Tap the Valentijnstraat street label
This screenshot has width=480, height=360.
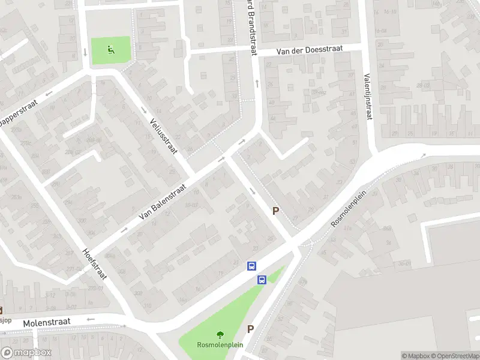(x=368, y=96)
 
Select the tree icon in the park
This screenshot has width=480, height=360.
(x=220, y=335)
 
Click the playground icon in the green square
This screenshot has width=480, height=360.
(x=110, y=49)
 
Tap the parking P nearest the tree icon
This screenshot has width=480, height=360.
(x=251, y=329)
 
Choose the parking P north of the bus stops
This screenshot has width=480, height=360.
(x=276, y=211)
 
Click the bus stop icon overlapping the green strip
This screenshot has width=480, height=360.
(x=262, y=280)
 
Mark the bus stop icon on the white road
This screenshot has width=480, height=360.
(x=251, y=266)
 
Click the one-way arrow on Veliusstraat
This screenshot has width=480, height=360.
(x=144, y=110)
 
